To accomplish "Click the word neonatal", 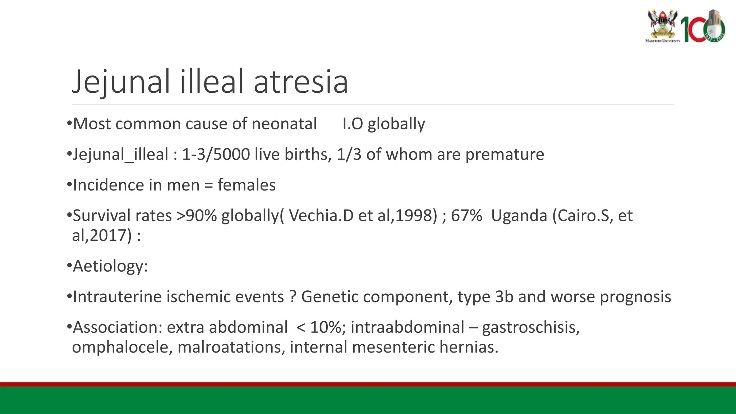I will tap(284, 124).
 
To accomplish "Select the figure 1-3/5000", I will tap(216, 155).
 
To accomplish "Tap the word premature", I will tap(505, 155).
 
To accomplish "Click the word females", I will tap(247, 185).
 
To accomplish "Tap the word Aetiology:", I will tap(110, 266).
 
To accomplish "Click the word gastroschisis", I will tap(530, 327).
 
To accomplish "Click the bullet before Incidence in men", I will tap(69, 185).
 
